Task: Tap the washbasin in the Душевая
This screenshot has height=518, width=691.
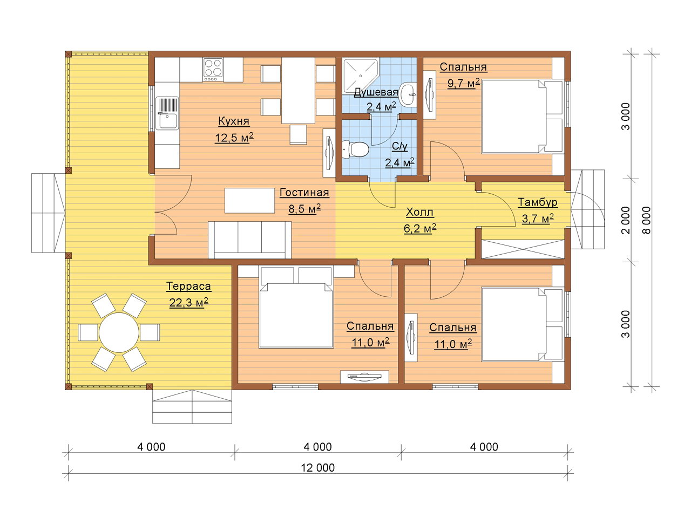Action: [408, 94]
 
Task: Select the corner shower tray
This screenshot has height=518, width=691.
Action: [360, 76]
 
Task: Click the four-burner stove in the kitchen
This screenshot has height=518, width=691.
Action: [213, 69]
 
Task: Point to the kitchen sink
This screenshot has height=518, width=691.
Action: [167, 113]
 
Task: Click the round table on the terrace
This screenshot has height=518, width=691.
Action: [119, 332]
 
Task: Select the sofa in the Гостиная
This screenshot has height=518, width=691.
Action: [249, 240]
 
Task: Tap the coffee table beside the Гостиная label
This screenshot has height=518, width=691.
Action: [249, 200]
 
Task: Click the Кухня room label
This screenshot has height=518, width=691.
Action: [234, 121]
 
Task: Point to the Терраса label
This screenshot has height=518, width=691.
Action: [188, 286]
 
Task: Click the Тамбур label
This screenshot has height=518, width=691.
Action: [538, 202]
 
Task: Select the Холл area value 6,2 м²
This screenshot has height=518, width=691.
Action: [419, 229]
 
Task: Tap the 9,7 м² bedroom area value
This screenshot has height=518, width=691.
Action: [463, 83]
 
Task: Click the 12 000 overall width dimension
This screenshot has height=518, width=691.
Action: [317, 468]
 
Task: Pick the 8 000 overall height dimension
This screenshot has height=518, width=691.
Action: [646, 220]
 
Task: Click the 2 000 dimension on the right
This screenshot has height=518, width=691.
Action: [626, 220]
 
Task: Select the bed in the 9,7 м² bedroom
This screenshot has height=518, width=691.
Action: [522, 117]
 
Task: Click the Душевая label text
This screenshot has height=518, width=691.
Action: [376, 92]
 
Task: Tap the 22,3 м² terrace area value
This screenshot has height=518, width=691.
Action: [188, 303]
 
